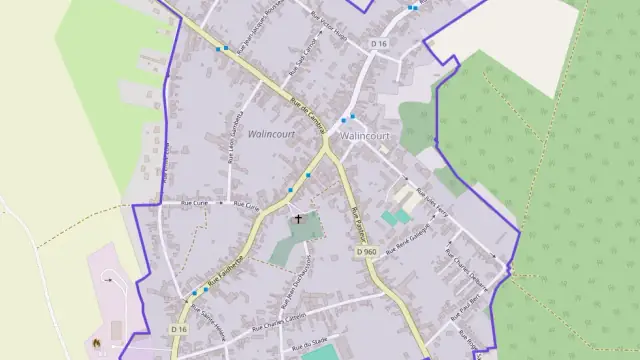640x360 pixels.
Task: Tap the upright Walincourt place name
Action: pos(364,135)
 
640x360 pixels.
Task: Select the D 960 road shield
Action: pos(366,253)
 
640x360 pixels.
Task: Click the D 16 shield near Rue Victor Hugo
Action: pos(378,43)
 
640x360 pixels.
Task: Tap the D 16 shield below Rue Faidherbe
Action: pos(179,329)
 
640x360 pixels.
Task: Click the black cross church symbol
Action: pos(297,218)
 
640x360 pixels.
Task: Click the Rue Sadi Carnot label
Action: pos(301,58)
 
